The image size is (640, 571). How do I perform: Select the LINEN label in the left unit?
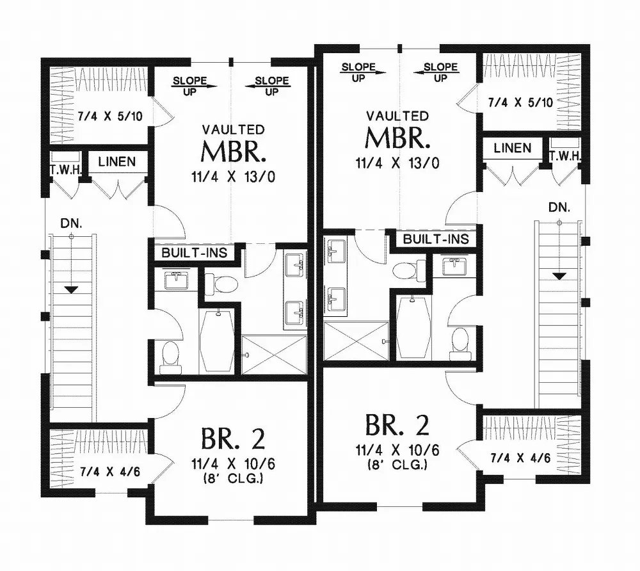pos(117,162)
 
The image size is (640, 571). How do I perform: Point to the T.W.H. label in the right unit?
pos(564,156)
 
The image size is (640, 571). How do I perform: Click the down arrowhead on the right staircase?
pos(559,276)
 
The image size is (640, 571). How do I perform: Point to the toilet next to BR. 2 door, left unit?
pos(170,357)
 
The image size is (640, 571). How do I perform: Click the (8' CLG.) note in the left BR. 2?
pos(232,478)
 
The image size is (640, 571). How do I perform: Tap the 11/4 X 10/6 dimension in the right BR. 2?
pos(397,452)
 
